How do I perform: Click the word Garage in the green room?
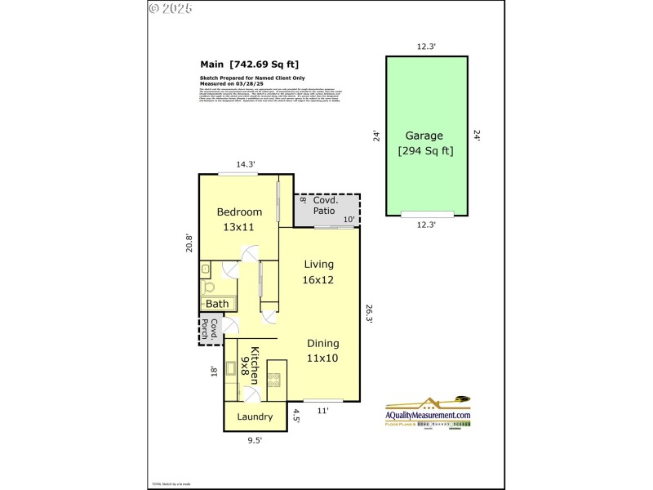click(424, 136)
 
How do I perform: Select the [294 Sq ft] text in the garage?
click(425, 150)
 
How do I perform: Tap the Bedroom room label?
click(239, 212)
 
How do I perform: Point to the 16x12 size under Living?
click(319, 279)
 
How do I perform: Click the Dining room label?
click(323, 343)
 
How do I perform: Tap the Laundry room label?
click(255, 416)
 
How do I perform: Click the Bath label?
click(217, 304)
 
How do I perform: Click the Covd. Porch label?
click(211, 329)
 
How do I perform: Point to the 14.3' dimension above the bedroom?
click(246, 164)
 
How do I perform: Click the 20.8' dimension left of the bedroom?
click(189, 243)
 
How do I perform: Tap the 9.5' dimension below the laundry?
click(255, 440)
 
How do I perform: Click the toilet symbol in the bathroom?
click(209, 287)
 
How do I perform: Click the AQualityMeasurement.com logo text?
click(428, 415)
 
